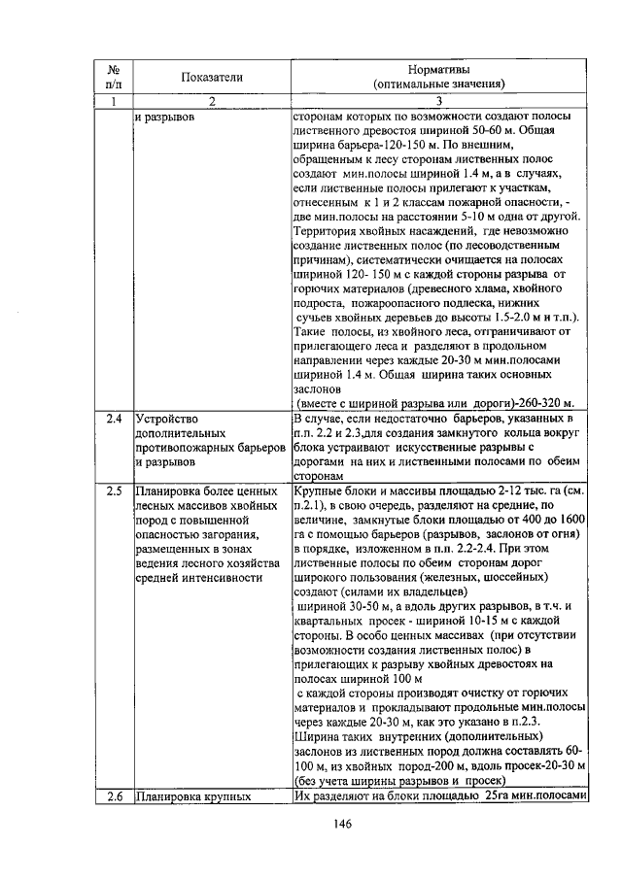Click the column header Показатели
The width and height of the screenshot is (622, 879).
211,77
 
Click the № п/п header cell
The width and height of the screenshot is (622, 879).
114,77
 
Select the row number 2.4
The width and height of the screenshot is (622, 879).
114,419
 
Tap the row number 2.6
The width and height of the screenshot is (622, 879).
114,797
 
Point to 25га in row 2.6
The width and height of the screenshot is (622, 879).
487,797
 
